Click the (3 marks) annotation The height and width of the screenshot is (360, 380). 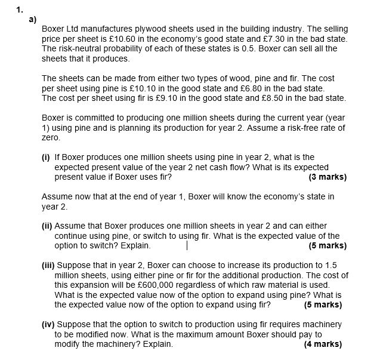click(x=327, y=177)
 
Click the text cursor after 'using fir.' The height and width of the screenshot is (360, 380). click(x=187, y=245)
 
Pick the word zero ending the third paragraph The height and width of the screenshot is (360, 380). click(x=51, y=137)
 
